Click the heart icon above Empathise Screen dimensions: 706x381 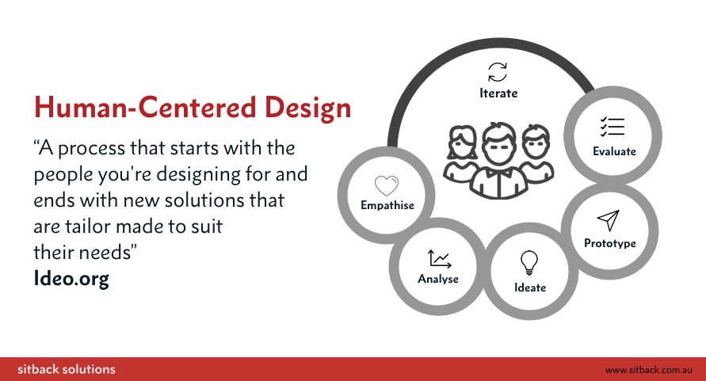click(387, 185)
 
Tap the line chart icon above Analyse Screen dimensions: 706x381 click(439, 259)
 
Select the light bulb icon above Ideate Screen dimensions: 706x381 click(529, 262)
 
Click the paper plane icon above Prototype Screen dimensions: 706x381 click(609, 220)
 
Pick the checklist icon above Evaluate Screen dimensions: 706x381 click(613, 127)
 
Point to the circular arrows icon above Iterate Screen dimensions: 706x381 click(498, 72)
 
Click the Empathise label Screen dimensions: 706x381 click(387, 205)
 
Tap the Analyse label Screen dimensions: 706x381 click(438, 280)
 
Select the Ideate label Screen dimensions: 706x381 click(530, 288)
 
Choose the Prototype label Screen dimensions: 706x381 click(610, 244)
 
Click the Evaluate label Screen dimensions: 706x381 click(614, 151)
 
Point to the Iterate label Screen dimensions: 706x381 click(498, 93)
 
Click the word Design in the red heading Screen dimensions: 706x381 click(307, 109)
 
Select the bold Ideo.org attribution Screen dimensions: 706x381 click(71, 279)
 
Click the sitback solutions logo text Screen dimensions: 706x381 click(67, 369)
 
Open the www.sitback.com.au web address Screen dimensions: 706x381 click(648, 370)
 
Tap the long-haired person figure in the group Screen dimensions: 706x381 click(461, 155)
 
